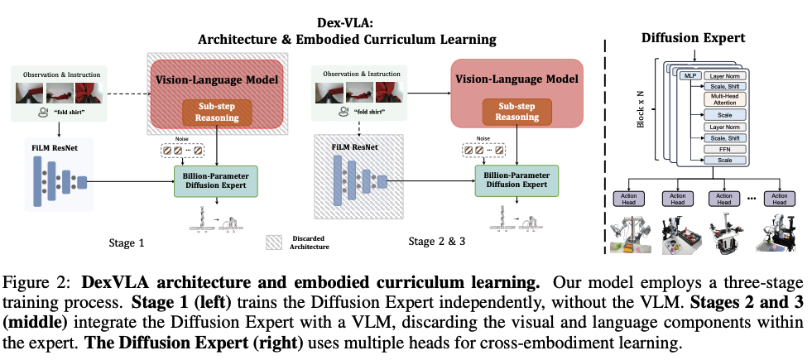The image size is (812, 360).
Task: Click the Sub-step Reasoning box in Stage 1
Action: [216, 112]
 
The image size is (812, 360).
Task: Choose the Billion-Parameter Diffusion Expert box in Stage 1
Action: [216, 179]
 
